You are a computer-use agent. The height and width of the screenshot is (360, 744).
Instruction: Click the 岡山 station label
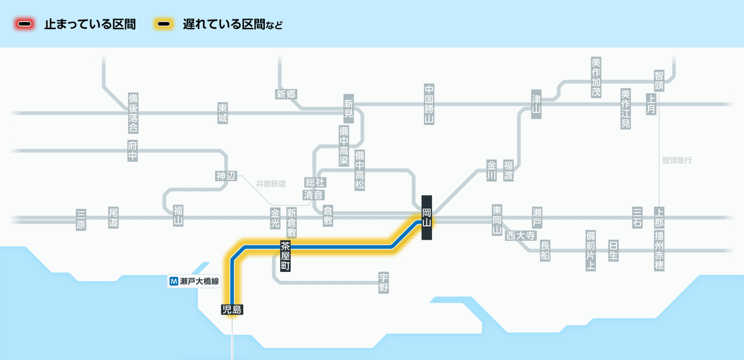(x=427, y=217)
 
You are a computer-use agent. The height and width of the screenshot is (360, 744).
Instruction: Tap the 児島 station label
(x=232, y=310)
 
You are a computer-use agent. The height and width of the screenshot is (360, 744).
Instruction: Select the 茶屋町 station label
(x=285, y=256)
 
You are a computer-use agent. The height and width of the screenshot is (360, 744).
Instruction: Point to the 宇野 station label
(x=384, y=283)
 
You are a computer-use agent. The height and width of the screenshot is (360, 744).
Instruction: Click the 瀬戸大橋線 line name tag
(x=194, y=281)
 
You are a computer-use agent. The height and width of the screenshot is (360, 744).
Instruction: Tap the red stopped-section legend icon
(x=25, y=24)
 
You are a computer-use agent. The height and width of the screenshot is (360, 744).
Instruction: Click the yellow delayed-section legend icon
(x=164, y=24)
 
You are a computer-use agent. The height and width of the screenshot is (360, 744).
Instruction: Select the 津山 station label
(x=536, y=104)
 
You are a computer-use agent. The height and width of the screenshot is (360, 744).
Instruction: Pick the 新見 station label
(x=348, y=109)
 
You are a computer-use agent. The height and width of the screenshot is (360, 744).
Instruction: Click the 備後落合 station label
(x=133, y=113)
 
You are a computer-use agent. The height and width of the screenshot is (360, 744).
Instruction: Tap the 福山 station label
(x=179, y=216)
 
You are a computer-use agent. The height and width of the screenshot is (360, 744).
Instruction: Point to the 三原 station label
(x=81, y=219)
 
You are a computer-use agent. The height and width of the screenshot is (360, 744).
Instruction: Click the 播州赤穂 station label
(x=659, y=250)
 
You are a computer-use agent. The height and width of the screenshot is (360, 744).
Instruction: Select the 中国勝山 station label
(x=429, y=104)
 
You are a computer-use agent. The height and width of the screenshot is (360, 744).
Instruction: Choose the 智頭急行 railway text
(x=677, y=160)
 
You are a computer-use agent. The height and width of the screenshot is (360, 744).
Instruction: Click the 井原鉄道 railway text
(x=271, y=184)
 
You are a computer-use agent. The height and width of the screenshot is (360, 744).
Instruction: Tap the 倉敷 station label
(x=328, y=216)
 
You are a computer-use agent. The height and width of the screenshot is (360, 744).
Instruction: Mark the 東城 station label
(x=223, y=113)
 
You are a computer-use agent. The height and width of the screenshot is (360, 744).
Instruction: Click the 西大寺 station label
(x=521, y=235)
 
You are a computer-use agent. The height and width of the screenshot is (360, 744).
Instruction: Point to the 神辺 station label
(x=226, y=176)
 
